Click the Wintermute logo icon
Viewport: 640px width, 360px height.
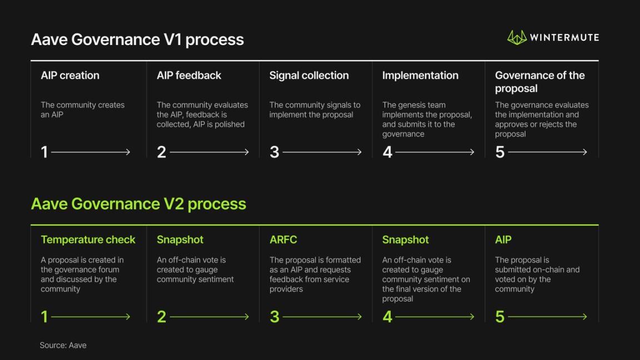click(516, 37)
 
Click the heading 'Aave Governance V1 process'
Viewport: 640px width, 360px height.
click(137, 39)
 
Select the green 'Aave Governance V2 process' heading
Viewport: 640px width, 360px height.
click(138, 204)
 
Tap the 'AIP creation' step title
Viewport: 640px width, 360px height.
click(70, 76)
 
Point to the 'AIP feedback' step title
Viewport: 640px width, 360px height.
click(189, 76)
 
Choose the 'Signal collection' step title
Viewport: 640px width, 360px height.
click(309, 76)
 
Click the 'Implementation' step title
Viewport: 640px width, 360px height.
click(420, 76)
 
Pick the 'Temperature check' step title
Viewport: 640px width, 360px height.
click(88, 240)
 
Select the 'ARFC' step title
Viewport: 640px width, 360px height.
click(283, 240)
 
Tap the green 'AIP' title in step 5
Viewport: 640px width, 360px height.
click(503, 240)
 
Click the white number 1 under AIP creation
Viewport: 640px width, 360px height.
click(44, 152)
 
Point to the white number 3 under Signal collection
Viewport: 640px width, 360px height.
click(274, 152)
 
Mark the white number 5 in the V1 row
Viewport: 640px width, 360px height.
click(500, 152)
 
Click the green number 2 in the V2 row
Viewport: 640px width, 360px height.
click(162, 317)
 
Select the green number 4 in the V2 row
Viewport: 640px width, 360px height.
click(387, 317)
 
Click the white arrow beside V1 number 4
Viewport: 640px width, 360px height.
click(435, 152)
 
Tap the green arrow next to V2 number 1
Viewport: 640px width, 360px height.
click(91, 317)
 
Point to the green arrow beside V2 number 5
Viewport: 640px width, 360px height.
click(547, 317)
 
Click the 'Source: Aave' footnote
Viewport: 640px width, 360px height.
click(63, 346)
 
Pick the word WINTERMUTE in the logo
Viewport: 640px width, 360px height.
click(564, 38)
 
